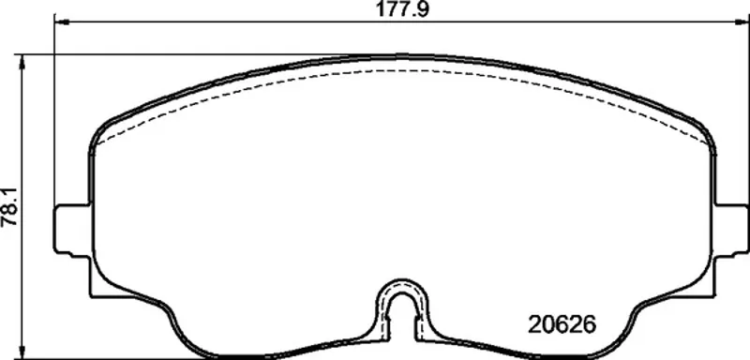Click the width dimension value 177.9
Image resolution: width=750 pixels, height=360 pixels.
point(401,9)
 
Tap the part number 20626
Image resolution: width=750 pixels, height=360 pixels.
point(562,325)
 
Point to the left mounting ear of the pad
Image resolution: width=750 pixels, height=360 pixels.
point(72,231)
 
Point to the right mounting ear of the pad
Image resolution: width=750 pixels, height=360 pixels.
point(731,231)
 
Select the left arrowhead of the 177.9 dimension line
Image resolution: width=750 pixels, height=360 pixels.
point(61,21)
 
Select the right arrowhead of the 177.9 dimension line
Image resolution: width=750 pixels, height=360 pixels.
point(742,21)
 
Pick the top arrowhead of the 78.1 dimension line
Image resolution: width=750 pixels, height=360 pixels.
point(22,61)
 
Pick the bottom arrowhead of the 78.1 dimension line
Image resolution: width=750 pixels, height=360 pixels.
point(22,352)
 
